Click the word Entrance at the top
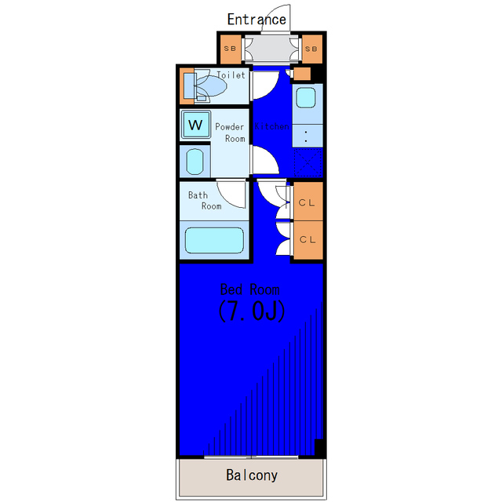256,19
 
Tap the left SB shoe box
231,49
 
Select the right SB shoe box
311,49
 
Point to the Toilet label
231,75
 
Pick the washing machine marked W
195,125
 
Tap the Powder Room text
230,133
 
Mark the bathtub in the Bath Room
214,240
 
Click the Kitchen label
272,126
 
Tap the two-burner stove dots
306,136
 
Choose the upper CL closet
307,202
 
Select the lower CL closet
307,239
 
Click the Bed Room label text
250,289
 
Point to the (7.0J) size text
250,311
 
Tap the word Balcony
252,475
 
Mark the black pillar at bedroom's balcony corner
319,447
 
